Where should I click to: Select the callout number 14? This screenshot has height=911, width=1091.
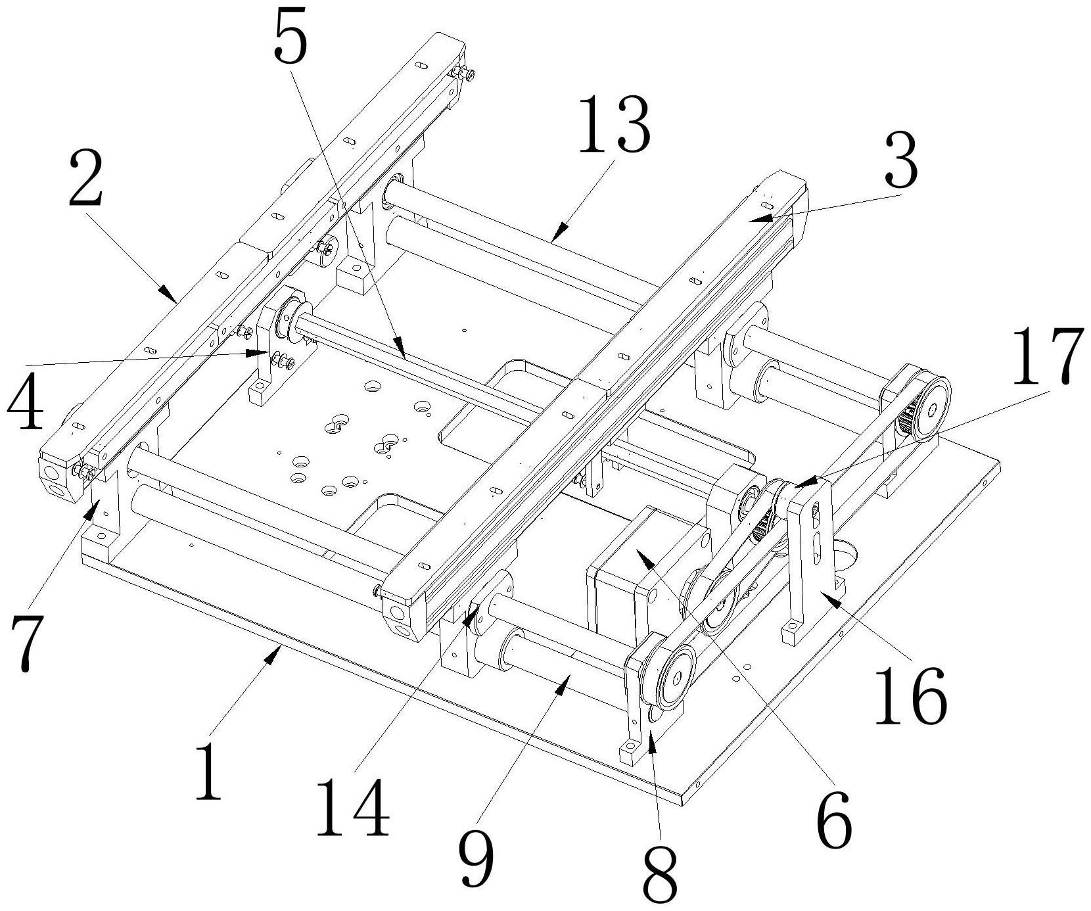point(353,806)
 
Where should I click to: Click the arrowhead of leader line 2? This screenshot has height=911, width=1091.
point(175,300)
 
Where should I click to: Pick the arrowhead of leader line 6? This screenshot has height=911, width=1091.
point(637,553)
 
